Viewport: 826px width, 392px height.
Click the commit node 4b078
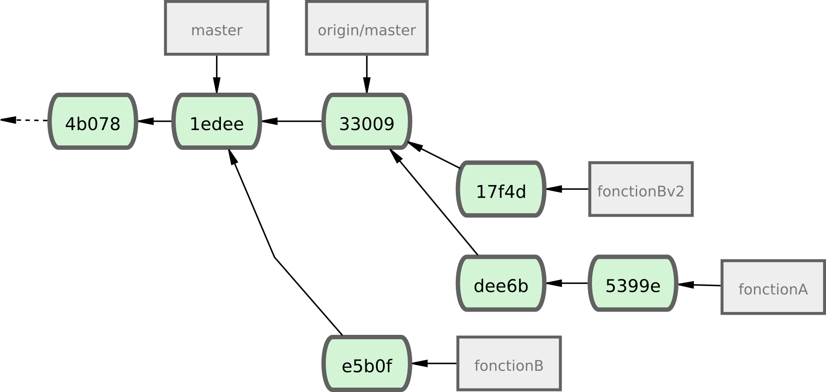tap(93, 122)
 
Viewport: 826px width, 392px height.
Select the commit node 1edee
tap(216, 122)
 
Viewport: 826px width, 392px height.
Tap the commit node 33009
tap(367, 122)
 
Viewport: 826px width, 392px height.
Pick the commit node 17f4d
tap(501, 189)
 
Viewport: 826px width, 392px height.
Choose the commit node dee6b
tap(501, 284)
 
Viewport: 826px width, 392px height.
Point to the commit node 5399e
tap(633, 284)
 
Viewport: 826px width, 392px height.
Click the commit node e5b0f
tap(367, 364)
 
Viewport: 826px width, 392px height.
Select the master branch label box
tap(216, 29)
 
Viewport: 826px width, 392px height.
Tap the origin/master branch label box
tap(367, 29)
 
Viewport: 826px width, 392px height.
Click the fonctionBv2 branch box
tap(641, 189)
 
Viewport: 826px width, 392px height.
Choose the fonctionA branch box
tap(773, 287)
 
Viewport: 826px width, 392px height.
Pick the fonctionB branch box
tap(509, 364)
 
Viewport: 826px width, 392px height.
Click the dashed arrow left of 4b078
tap(24, 120)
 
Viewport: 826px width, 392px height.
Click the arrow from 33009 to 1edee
tap(292, 121)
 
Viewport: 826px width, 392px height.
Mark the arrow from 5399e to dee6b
tap(567, 283)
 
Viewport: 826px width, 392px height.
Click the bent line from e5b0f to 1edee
tap(275, 258)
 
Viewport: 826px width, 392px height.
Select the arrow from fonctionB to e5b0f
tap(434, 363)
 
